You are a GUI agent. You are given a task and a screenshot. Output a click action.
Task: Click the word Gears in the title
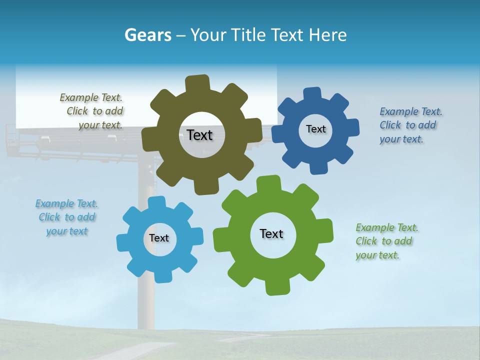[x=147, y=35]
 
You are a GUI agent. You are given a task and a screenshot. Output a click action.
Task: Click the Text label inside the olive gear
[x=199, y=135]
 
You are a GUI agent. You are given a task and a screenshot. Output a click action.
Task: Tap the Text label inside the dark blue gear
[x=315, y=129]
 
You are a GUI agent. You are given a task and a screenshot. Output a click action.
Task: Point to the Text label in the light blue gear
[x=159, y=238]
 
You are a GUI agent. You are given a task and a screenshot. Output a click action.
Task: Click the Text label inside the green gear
[x=271, y=233]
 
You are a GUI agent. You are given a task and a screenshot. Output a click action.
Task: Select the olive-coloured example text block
[x=92, y=111]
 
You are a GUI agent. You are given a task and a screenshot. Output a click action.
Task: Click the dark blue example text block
[x=410, y=125]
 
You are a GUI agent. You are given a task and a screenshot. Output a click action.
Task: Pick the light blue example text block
[x=66, y=217]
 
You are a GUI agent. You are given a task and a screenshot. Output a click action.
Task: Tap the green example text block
[x=386, y=241]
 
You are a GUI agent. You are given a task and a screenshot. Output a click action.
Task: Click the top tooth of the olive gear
[x=197, y=83]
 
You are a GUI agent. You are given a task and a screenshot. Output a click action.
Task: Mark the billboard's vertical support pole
[x=145, y=300]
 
